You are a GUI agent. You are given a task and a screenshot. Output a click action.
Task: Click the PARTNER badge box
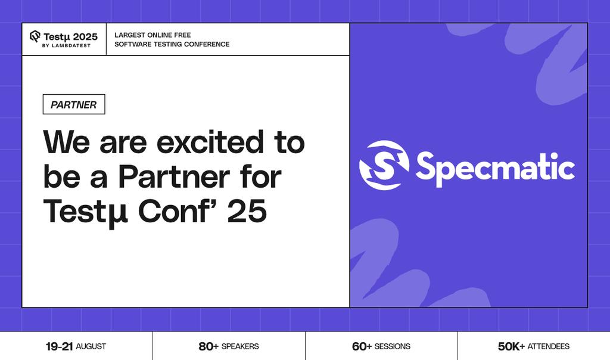74,104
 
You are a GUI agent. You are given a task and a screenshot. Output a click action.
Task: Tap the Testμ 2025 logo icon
35,36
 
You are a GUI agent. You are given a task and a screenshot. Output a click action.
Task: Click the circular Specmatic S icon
384,165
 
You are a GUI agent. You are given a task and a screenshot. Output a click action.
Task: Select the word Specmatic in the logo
495,166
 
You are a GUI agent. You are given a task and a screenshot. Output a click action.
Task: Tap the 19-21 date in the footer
59,346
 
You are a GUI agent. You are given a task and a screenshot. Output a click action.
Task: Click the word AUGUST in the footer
91,346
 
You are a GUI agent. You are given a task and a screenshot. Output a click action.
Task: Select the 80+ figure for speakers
208,346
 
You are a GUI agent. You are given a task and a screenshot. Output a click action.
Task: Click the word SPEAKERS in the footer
240,346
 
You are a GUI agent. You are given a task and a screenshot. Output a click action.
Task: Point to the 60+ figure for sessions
362,346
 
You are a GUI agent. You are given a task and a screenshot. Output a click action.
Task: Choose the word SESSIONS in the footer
393,346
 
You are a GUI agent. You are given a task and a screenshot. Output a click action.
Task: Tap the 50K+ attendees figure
511,346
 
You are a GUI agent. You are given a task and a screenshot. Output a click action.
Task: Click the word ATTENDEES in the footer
548,346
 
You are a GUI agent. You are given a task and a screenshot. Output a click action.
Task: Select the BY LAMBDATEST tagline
67,46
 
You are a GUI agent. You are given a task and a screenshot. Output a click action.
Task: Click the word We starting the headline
67,143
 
